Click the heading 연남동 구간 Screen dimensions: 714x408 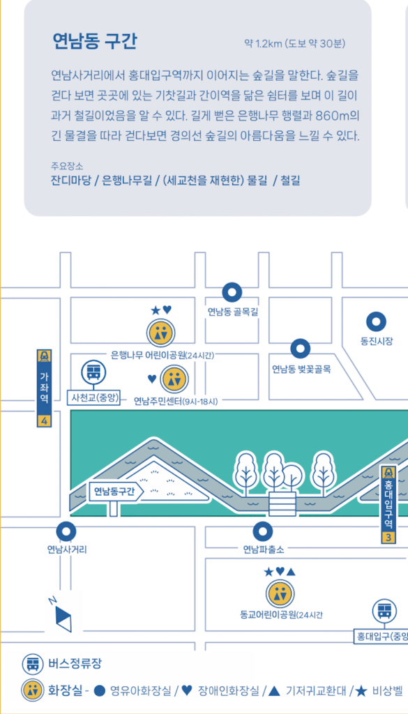click(94, 42)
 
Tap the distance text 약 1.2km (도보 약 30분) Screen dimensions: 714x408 click(294, 44)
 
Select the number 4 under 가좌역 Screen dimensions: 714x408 click(45, 421)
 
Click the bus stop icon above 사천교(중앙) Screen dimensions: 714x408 click(93, 373)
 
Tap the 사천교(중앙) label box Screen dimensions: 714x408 click(93, 399)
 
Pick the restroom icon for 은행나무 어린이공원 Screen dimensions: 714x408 click(161, 333)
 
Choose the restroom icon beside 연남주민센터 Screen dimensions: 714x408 click(174, 379)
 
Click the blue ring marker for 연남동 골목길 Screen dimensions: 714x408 click(232, 294)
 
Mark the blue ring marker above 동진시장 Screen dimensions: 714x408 click(377, 321)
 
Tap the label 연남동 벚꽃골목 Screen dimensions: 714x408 click(301, 369)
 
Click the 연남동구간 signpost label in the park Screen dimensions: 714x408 click(115, 491)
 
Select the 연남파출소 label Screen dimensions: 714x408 click(263, 549)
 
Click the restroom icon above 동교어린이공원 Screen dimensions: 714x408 click(280, 594)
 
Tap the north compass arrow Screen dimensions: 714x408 click(63, 617)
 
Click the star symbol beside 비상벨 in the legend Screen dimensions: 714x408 click(361, 691)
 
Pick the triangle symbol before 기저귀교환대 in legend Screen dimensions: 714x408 click(274, 691)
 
